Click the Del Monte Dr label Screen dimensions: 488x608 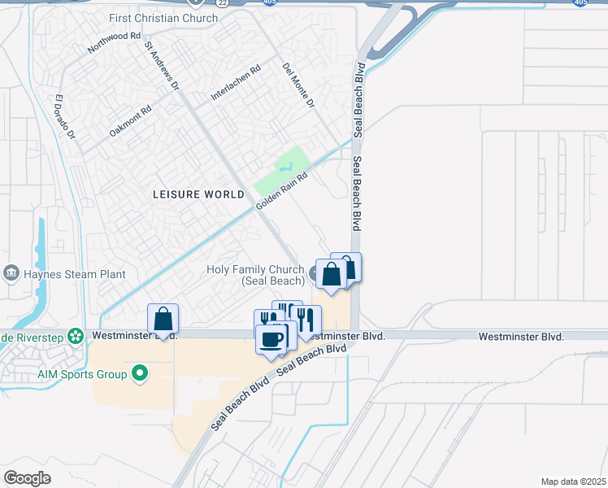[298, 85]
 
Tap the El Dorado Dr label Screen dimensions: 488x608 [64, 118]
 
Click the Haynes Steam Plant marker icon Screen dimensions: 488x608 [11, 272]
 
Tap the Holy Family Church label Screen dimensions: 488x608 [255, 275]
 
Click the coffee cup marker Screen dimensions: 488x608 [271, 338]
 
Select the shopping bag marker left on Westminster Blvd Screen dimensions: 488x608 [163, 319]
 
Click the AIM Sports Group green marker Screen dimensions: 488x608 [141, 374]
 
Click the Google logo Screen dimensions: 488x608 [26, 478]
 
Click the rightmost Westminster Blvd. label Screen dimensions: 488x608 [521, 336]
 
